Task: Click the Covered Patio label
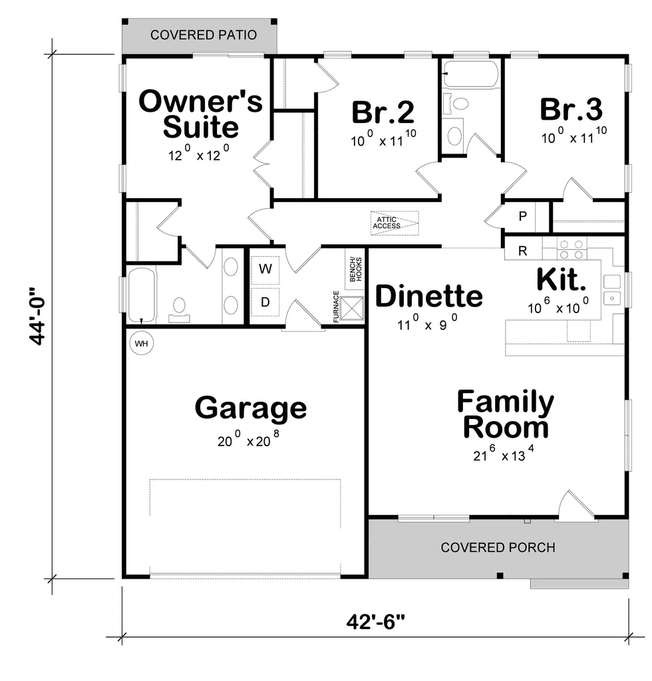click(x=204, y=35)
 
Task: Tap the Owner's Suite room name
click(x=200, y=114)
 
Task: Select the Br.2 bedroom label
click(x=383, y=112)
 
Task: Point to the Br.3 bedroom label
click(x=571, y=110)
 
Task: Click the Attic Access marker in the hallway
click(x=394, y=222)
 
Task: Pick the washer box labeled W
click(x=265, y=269)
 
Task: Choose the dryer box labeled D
click(x=265, y=302)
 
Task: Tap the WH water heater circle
click(x=141, y=344)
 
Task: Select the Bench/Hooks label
click(x=355, y=268)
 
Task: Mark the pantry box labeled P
click(x=522, y=217)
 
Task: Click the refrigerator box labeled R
click(x=522, y=251)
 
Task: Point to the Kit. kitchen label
click(x=562, y=280)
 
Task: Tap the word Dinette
click(x=429, y=296)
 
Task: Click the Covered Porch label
click(x=498, y=548)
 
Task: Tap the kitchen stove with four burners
click(x=571, y=249)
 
